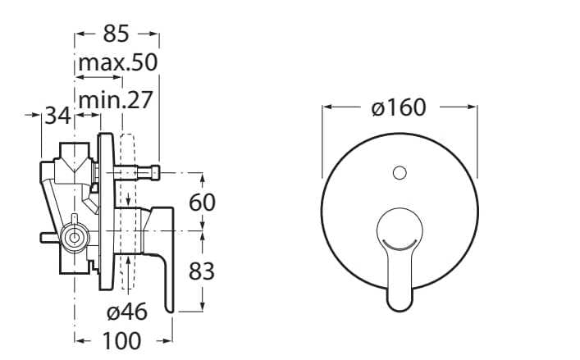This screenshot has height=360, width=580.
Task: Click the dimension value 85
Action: point(117,35)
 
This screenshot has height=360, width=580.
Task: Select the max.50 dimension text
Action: point(117,63)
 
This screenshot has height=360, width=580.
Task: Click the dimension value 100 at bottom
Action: point(123,339)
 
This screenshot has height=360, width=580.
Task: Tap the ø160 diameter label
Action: point(399,107)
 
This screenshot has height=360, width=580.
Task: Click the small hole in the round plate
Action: point(400,173)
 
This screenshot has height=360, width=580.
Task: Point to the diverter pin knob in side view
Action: point(153,173)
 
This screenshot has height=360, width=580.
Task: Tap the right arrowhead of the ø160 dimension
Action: point(473,107)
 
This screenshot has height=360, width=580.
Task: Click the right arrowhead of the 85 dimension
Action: point(155,35)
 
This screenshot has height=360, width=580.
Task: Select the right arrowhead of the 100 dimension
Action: point(170,339)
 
